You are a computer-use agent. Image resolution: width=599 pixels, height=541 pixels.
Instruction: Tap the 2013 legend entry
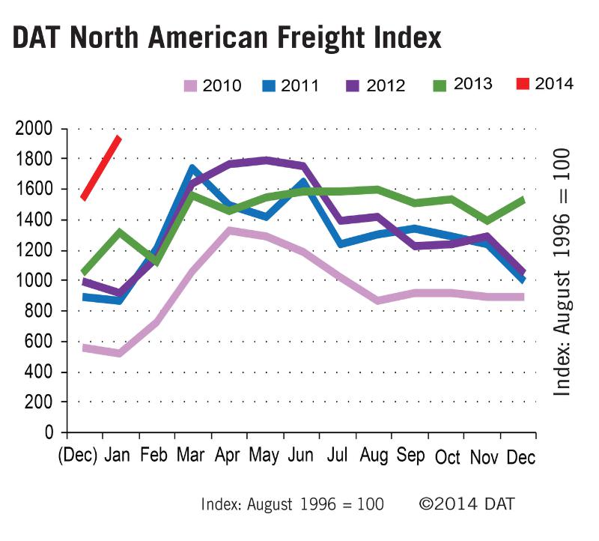coord(460,84)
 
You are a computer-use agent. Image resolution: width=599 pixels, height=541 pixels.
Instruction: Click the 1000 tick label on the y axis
coord(34,281)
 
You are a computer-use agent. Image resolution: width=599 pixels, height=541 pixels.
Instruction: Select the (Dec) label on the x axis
coord(78,456)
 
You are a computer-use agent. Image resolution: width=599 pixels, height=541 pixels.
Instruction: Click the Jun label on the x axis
coord(302,456)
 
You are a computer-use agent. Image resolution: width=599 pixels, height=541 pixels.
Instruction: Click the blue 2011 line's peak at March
coord(192,169)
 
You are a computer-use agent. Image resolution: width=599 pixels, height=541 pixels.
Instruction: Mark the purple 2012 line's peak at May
coord(266,160)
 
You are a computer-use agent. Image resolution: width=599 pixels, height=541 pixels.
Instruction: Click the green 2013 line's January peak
coord(118,232)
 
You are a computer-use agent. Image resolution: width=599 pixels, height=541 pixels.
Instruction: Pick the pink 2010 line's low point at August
coord(380,300)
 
